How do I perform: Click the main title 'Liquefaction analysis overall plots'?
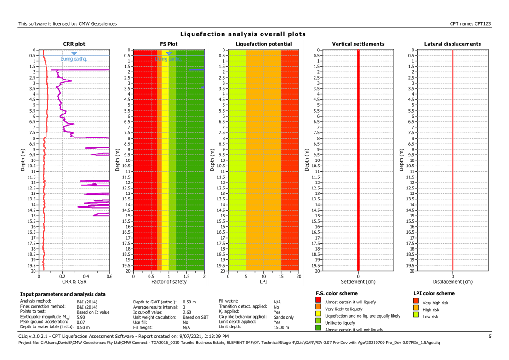coord(243,34)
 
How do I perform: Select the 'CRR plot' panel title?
coord(74,44)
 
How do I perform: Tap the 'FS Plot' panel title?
coord(169,44)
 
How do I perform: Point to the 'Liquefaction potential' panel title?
coord(263,44)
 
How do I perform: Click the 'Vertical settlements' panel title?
coord(358,44)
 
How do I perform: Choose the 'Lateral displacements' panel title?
coord(453,44)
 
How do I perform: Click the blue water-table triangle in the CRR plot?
coord(74,54)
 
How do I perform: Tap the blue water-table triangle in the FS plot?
coord(169,54)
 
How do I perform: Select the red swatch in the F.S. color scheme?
coord(318,302)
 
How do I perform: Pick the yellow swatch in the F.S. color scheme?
coord(318,316)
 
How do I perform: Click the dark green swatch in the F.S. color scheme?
coord(318,329)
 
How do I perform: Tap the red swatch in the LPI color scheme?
coord(416,302)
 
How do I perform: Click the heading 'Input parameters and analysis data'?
coord(63,294)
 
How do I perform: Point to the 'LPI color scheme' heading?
coord(433,293)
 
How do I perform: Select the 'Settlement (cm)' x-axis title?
coord(358,281)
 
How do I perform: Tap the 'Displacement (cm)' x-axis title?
coord(453,281)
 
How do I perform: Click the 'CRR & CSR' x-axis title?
coord(74,281)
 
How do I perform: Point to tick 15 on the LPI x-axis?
coord(281,276)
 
